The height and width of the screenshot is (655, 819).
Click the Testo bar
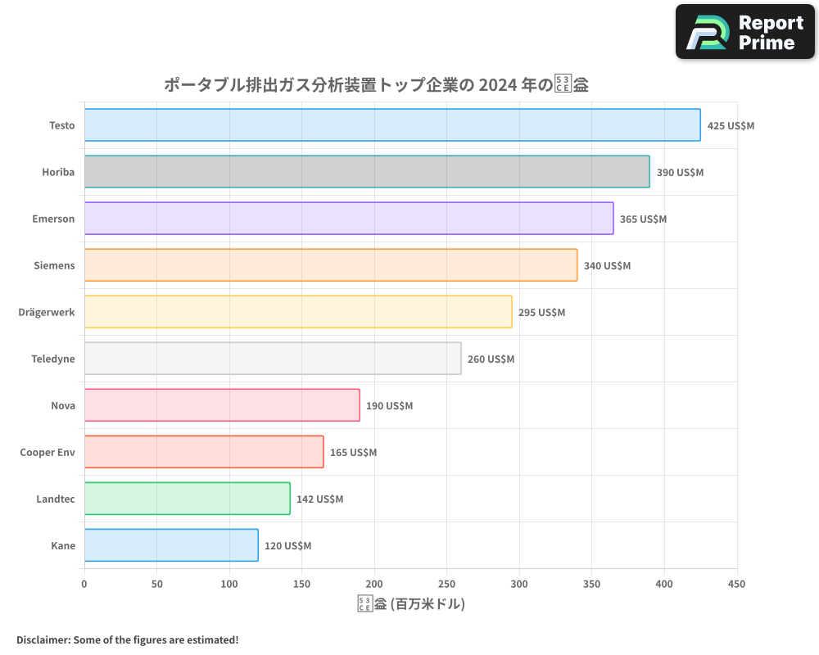[x=392, y=125]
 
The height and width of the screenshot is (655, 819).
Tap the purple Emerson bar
[x=349, y=219]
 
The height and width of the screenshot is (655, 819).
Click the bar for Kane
[x=171, y=545]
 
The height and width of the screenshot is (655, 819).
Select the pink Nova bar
[x=222, y=405]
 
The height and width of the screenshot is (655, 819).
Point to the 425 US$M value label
[x=731, y=126]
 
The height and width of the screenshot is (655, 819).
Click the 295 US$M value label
[x=541, y=313]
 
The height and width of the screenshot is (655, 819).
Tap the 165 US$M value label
[x=353, y=453]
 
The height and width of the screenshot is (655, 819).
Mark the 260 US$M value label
[x=491, y=359]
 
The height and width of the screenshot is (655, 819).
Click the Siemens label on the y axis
[x=55, y=265]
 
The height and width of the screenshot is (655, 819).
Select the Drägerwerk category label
[x=47, y=312]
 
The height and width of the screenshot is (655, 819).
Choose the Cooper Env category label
[x=48, y=452]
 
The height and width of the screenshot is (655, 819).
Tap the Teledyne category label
[x=53, y=359]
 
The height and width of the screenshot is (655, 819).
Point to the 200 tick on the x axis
[x=374, y=584]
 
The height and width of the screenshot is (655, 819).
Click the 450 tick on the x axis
[x=737, y=584]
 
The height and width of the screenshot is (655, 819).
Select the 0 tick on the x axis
[x=84, y=584]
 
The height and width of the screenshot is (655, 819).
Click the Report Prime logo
[x=744, y=32]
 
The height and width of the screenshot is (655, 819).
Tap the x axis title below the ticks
[x=411, y=604]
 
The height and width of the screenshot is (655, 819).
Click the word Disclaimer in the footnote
[x=42, y=639]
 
